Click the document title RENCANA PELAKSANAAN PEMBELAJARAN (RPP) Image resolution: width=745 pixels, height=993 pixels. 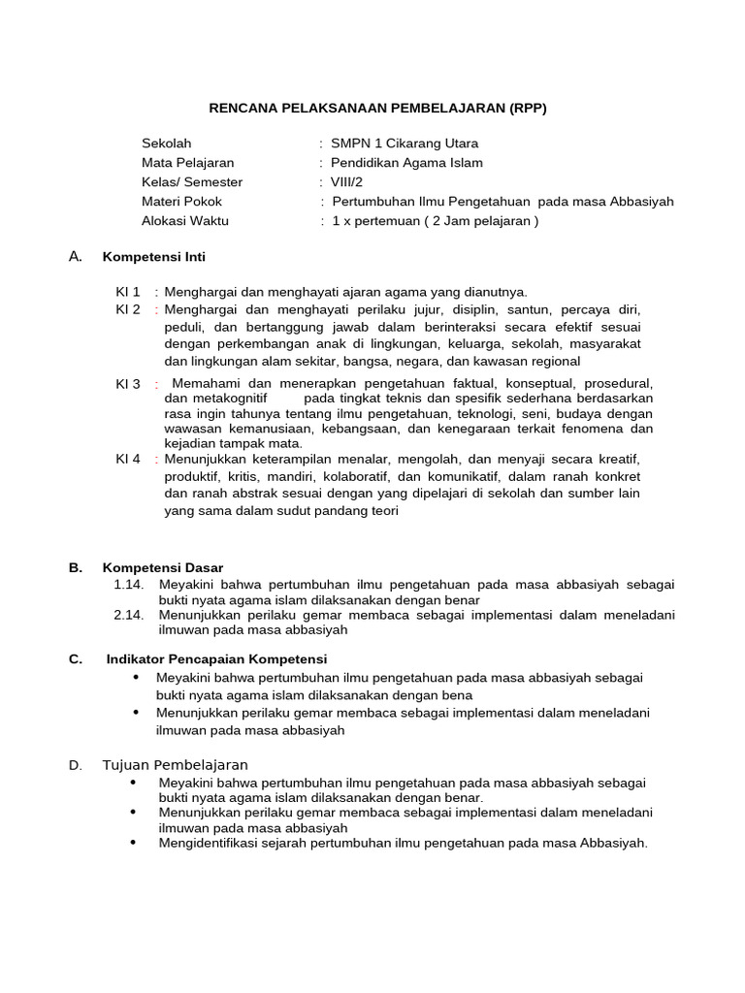tap(379, 108)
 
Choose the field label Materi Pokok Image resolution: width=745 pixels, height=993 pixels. tap(181, 201)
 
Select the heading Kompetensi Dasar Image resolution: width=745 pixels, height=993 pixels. tap(163, 567)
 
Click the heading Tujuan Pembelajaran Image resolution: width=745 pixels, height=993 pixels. tap(176, 765)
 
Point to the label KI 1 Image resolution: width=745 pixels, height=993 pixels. tap(128, 291)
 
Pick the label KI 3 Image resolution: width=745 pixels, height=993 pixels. tap(128, 384)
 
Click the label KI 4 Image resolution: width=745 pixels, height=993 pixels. tap(128, 458)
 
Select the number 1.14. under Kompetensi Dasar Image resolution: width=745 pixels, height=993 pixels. tap(129, 584)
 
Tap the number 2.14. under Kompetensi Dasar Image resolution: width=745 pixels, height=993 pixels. tap(129, 615)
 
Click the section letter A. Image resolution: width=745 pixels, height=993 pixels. tap(75, 256)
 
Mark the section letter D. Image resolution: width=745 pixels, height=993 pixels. tap(75, 765)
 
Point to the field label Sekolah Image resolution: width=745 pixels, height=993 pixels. tap(167, 143)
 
